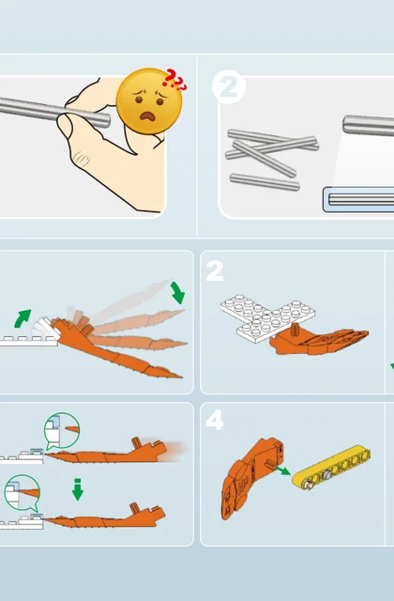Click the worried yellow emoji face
(148, 100)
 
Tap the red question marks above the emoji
(174, 80)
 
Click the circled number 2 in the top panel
(229, 86)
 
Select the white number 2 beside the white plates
(215, 271)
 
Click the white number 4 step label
(215, 420)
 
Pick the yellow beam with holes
(331, 467)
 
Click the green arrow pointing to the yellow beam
(283, 470)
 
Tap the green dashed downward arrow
(78, 489)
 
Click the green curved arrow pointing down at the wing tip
(178, 292)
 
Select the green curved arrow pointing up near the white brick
(23, 318)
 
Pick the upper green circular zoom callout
(62, 430)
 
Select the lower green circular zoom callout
(23, 493)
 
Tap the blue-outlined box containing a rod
(358, 199)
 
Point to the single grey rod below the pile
(265, 182)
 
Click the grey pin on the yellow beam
(327, 475)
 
